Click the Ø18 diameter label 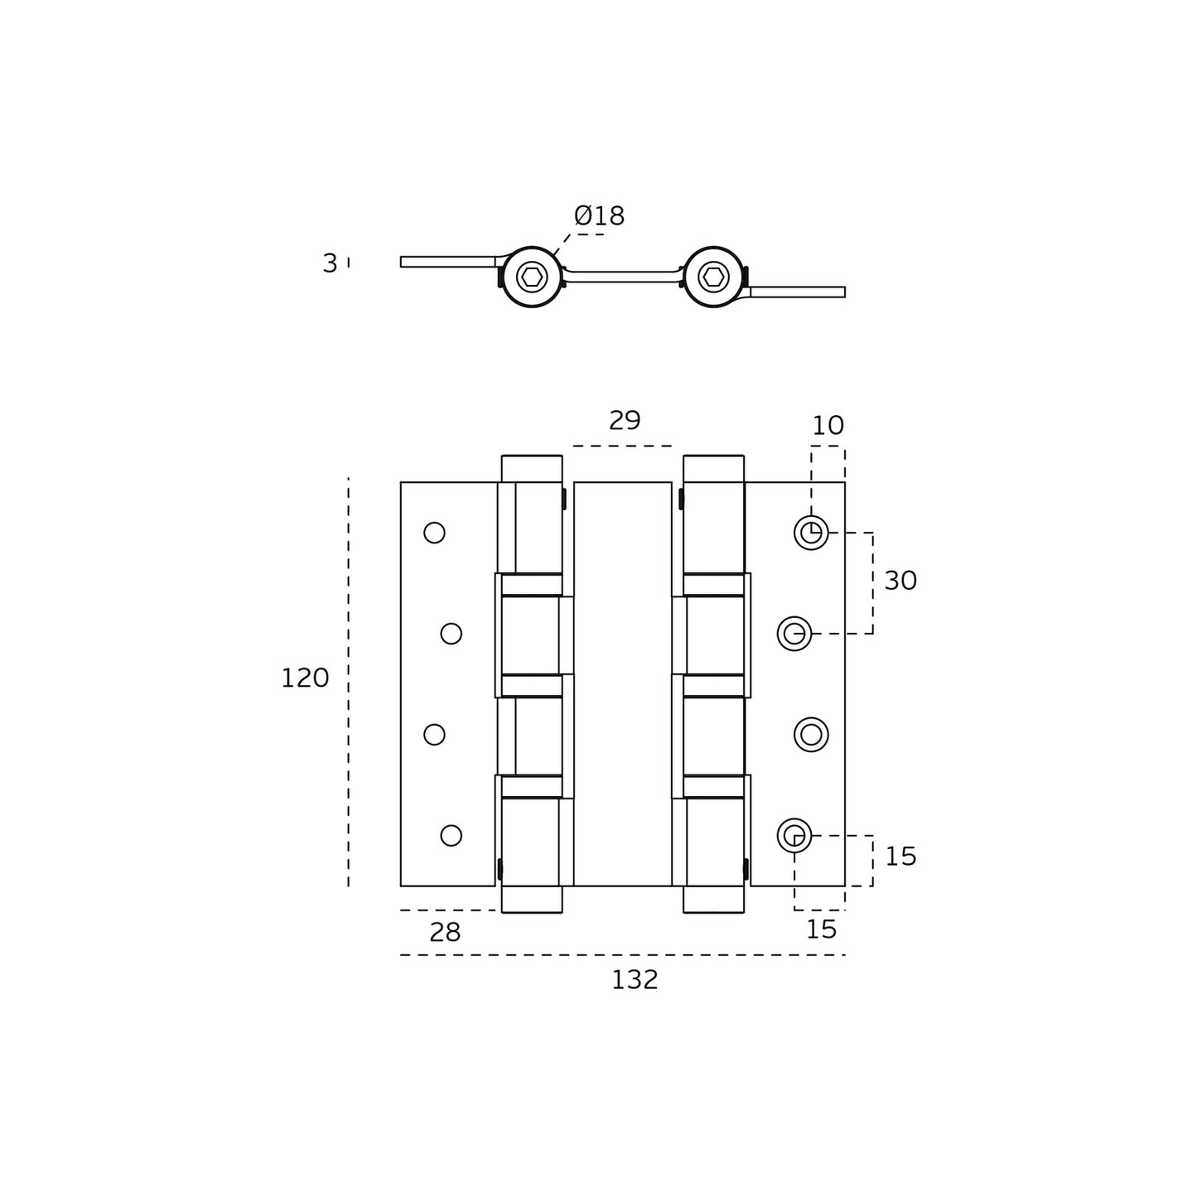click(x=599, y=216)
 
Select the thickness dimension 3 click(x=330, y=263)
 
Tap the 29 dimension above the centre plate click(x=625, y=421)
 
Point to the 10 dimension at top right click(x=828, y=426)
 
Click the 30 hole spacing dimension click(x=900, y=581)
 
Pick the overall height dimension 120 click(x=305, y=678)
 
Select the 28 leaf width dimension click(x=445, y=933)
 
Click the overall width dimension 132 click(x=635, y=980)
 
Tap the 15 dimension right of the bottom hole click(x=900, y=857)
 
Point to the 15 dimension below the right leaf click(x=821, y=929)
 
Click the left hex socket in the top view click(x=532, y=277)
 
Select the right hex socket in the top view click(x=713, y=277)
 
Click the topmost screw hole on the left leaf click(x=434, y=533)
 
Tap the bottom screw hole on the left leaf click(x=451, y=835)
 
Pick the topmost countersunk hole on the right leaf click(x=811, y=533)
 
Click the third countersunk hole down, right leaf click(x=811, y=735)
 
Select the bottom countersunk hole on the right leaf click(x=794, y=835)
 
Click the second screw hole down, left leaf click(x=451, y=634)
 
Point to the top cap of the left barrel click(x=532, y=468)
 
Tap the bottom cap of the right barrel click(x=713, y=900)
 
